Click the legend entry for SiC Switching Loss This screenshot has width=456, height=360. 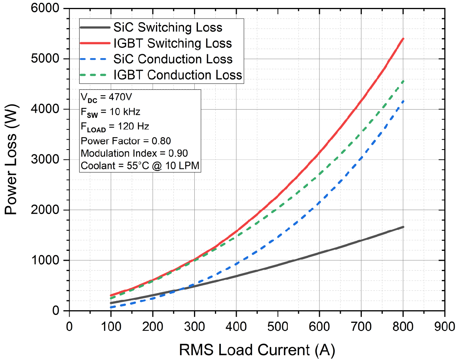pos(167,27)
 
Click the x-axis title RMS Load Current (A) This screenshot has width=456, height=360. pos(257,349)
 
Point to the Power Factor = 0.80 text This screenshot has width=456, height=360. pos(125,140)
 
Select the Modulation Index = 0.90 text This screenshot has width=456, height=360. pos(134,153)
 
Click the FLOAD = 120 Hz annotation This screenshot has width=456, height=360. pos(114,127)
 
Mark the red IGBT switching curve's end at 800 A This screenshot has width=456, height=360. pos(403,39)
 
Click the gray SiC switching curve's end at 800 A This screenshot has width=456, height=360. pos(403,227)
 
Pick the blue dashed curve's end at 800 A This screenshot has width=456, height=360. pos(403,101)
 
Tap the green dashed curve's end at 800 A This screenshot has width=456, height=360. pos(403,81)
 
